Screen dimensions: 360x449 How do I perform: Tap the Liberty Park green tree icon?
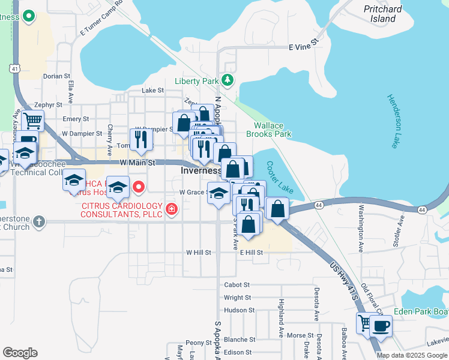click(228, 80)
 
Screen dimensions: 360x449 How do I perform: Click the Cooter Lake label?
click(280, 178)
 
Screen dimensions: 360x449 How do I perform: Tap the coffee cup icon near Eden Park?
click(381, 326)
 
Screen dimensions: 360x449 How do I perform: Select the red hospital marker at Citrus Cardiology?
click(172, 209)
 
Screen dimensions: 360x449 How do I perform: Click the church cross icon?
click(39, 221)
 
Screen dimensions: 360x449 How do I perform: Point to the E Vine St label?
click(302, 46)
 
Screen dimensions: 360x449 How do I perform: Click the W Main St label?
click(137, 163)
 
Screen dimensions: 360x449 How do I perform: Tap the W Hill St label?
click(199, 253)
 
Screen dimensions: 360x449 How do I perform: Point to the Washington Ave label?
click(361, 229)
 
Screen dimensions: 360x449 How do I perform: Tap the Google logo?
click(20, 353)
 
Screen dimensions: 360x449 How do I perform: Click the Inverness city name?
click(202, 171)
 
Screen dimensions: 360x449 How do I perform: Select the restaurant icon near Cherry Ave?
click(141, 139)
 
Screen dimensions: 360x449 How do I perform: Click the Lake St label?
click(152, 90)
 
